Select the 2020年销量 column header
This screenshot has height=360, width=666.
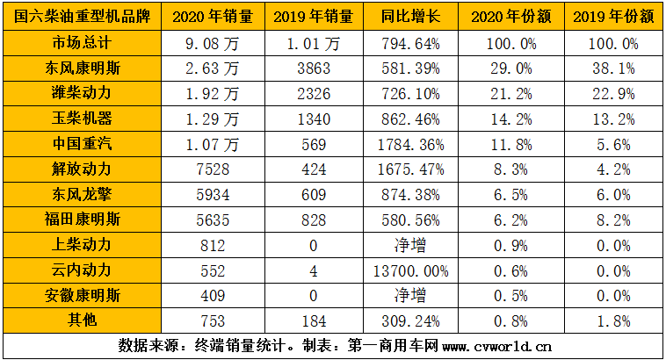(214, 17)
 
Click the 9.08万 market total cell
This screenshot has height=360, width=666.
(214, 42)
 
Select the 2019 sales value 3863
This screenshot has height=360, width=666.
(314, 68)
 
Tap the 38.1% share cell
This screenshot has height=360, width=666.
(612, 68)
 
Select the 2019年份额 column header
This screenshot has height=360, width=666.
(612, 17)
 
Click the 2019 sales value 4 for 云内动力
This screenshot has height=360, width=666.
(314, 271)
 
